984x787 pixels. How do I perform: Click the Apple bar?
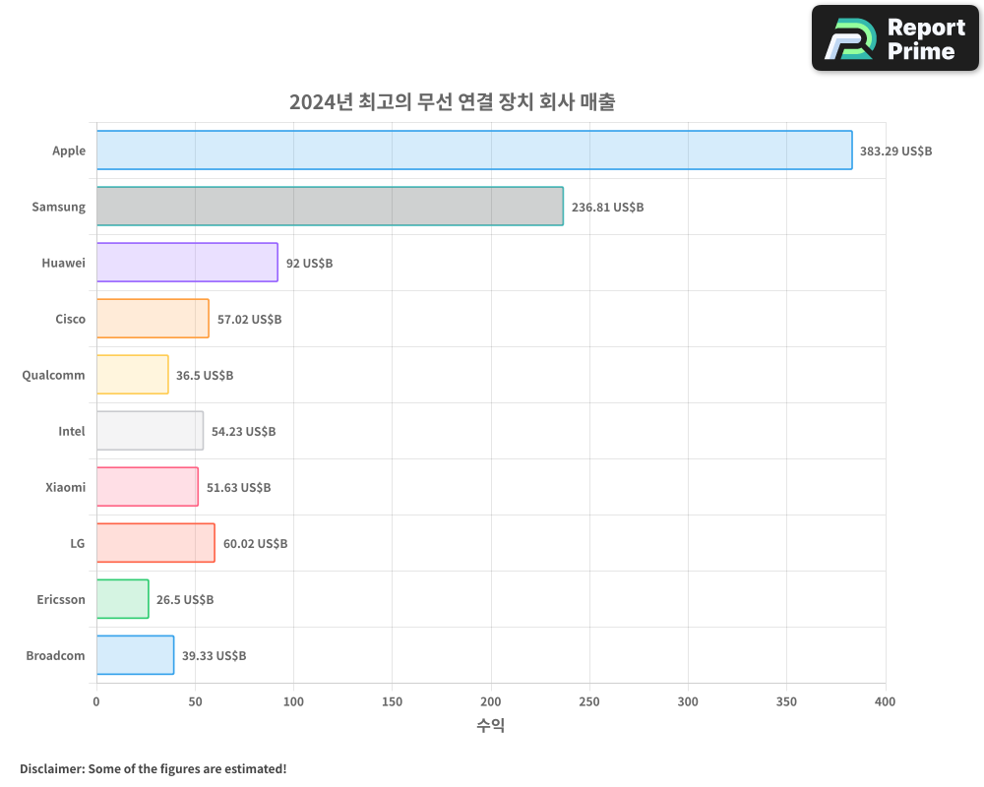pos(474,151)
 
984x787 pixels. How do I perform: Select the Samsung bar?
pos(330,207)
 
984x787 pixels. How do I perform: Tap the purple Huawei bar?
pos(187,263)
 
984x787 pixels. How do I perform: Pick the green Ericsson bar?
pos(122,599)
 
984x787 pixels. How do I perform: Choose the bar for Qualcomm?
pos(132,375)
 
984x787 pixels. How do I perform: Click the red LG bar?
pos(155,543)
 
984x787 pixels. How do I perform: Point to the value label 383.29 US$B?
pos(895,151)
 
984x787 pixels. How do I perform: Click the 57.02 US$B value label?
pos(249,320)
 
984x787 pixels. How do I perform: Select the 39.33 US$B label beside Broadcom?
pos(214,656)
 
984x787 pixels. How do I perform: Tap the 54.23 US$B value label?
pos(243,432)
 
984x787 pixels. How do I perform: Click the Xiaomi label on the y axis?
pos(65,488)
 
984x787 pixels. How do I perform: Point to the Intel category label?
pos(72,432)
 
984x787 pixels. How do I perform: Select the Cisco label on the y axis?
pos(70,320)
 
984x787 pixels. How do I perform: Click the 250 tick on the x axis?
pos(589,701)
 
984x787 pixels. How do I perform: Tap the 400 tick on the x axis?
pos(885,701)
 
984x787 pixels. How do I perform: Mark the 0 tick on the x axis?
pos(96,701)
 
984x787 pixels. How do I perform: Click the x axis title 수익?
pos(490,726)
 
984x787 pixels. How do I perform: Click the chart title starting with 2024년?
pos(452,102)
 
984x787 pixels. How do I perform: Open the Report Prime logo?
pos(895,38)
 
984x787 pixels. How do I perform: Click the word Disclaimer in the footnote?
pos(51,768)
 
